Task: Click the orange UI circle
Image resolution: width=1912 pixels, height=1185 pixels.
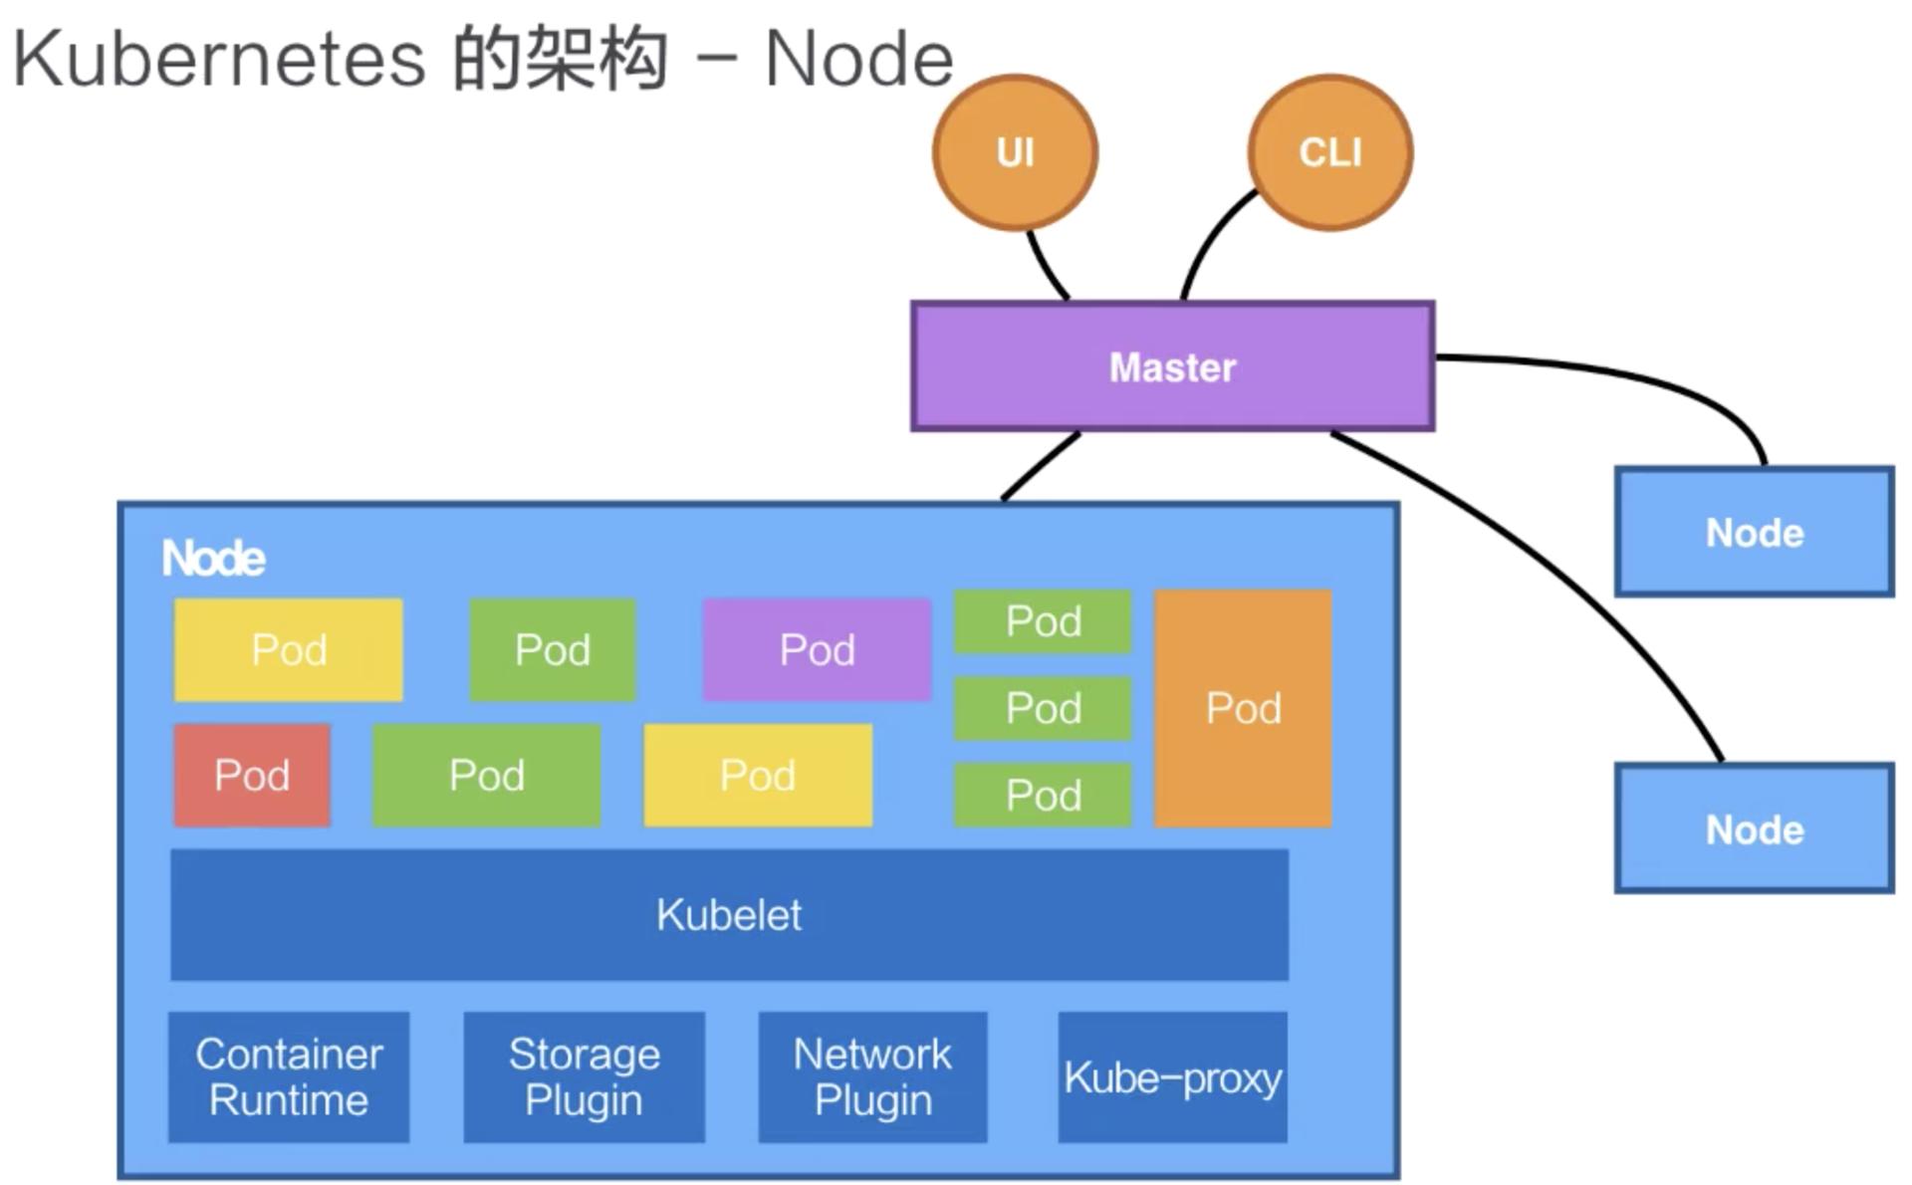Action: click(x=1015, y=152)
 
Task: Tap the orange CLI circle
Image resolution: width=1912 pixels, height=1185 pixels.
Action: click(x=1329, y=152)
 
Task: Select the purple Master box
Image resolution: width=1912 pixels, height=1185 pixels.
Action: click(x=1172, y=366)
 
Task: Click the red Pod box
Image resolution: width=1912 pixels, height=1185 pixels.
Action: click(x=252, y=775)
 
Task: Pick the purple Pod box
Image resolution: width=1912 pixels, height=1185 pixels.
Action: click(x=817, y=649)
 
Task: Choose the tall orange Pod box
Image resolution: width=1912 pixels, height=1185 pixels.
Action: click(x=1243, y=708)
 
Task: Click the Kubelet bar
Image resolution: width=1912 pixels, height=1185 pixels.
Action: click(x=729, y=914)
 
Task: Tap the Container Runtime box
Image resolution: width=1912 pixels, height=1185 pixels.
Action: click(x=289, y=1076)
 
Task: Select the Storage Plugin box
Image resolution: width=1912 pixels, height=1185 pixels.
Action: click(x=585, y=1076)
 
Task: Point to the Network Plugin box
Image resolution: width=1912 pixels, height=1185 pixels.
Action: click(x=872, y=1076)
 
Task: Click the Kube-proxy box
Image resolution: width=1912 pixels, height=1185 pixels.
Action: click(x=1172, y=1076)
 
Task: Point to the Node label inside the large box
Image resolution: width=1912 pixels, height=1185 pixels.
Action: click(x=213, y=558)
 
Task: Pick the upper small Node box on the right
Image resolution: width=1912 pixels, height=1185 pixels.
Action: click(x=1754, y=532)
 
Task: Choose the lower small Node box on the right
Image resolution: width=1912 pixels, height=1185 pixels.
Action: click(x=1754, y=829)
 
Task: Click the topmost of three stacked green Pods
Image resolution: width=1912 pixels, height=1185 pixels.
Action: click(x=1043, y=621)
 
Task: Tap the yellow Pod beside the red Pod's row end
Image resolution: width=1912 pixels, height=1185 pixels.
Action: click(x=758, y=775)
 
